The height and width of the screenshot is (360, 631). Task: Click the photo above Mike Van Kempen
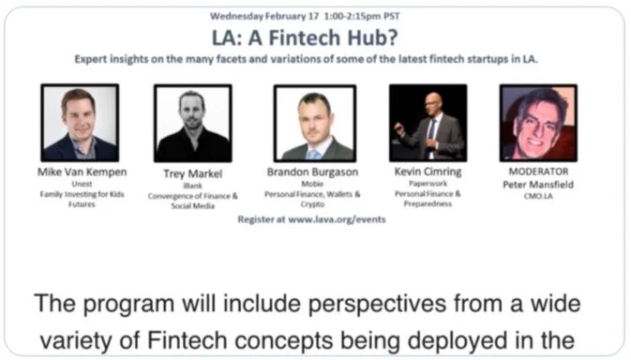[x=80, y=123]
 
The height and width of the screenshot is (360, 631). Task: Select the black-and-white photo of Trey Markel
[x=192, y=124]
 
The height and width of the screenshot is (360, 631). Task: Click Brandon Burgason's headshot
[x=314, y=124]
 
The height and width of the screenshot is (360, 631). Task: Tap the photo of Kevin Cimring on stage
[x=427, y=123]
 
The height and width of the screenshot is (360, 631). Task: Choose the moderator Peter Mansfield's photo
[x=538, y=123]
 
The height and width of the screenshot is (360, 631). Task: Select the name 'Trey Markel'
[x=193, y=172]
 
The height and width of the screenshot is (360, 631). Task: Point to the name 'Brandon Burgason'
[x=314, y=172]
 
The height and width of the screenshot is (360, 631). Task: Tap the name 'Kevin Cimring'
[x=427, y=172]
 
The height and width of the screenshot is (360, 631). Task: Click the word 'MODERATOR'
[x=539, y=172]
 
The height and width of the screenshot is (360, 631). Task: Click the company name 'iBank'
[x=193, y=185]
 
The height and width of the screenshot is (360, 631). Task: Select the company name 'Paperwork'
[x=427, y=185]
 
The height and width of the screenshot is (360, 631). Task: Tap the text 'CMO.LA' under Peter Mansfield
[x=539, y=196]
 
